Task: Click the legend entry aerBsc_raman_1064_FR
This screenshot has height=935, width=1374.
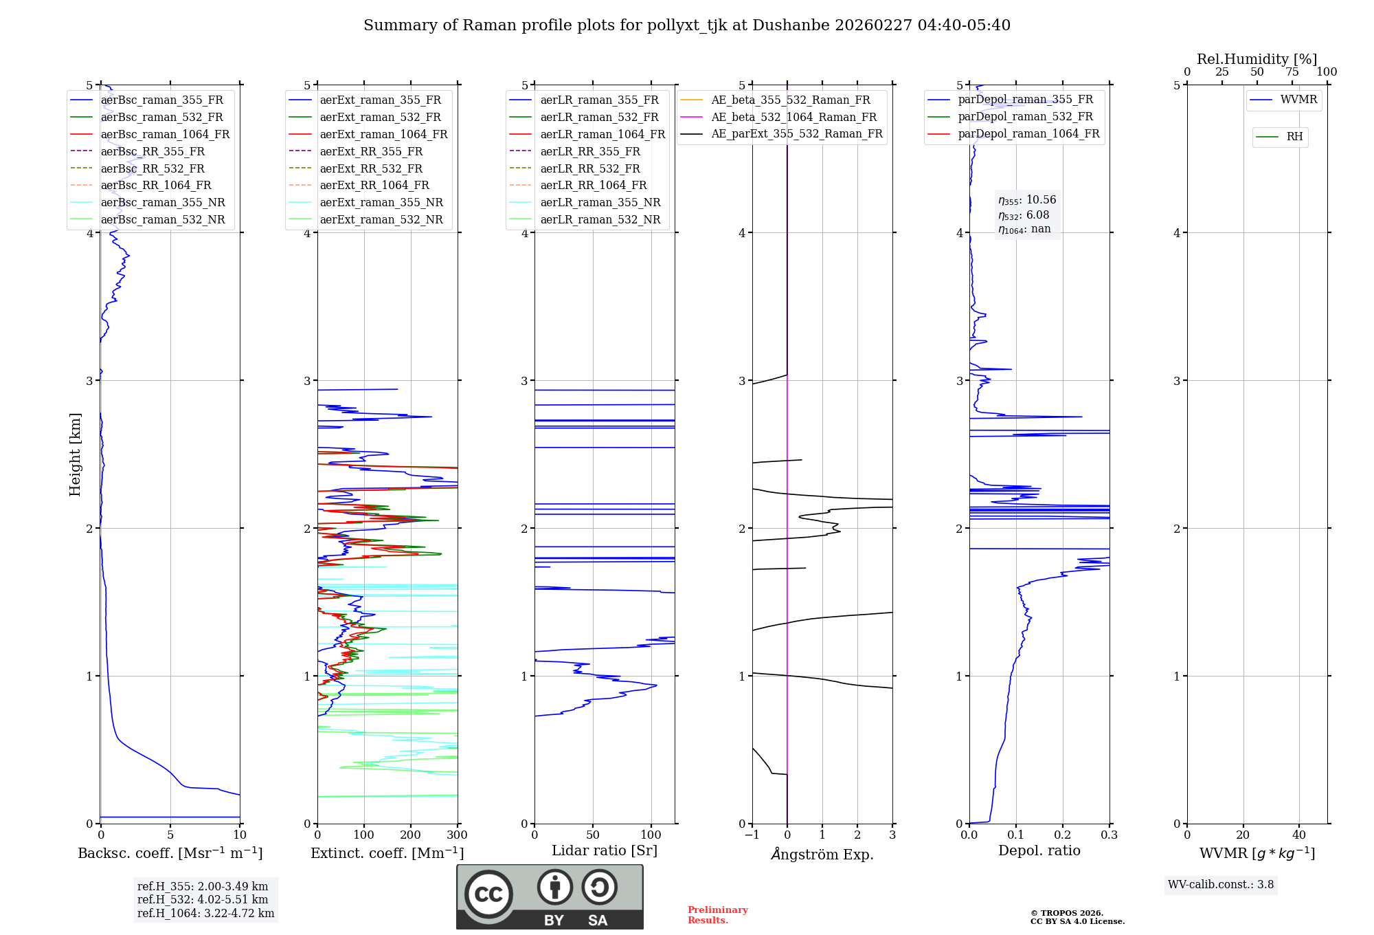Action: (165, 134)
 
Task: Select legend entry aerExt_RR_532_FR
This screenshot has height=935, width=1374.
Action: (371, 168)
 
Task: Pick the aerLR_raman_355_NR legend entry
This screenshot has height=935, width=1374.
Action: (600, 202)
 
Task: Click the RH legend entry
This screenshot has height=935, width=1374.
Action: (1294, 137)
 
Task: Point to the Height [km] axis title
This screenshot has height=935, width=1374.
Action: (75, 454)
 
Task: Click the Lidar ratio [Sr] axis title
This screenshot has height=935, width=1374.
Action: (605, 850)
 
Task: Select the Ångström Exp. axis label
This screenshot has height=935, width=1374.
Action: (822, 854)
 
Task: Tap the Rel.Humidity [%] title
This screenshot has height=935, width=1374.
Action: (1257, 59)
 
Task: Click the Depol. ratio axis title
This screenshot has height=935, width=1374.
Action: (1039, 850)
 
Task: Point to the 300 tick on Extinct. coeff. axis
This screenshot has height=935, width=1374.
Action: (457, 835)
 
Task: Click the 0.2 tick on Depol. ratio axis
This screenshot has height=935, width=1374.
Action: (1063, 835)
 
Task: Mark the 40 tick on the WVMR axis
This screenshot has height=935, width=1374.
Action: (1298, 835)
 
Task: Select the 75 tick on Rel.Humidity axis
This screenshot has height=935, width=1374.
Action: (1292, 71)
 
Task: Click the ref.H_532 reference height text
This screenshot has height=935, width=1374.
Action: (203, 899)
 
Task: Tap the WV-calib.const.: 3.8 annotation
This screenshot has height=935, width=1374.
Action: (1220, 884)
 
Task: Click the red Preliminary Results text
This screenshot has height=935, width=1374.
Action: (717, 914)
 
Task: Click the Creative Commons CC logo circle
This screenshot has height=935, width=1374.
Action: (488, 894)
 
